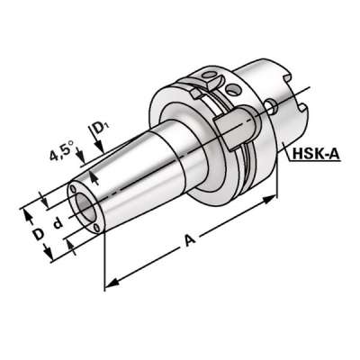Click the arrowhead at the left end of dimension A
pyautogui.click(x=109, y=286)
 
